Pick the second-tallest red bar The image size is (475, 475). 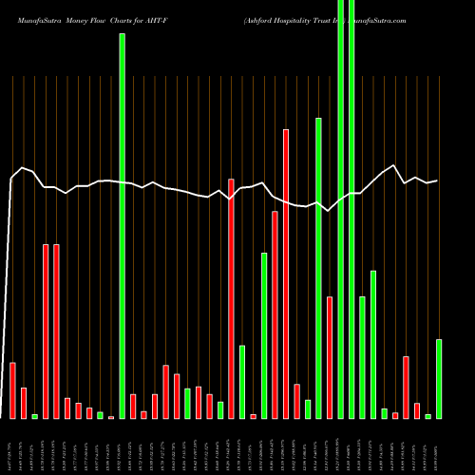tap(231, 298)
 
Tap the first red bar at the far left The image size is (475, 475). tap(12, 390)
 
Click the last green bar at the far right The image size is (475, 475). tap(439, 379)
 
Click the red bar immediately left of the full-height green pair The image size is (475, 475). tap(330, 357)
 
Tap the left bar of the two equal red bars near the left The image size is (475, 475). tap(46, 332)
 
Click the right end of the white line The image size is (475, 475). tap(437, 180)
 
